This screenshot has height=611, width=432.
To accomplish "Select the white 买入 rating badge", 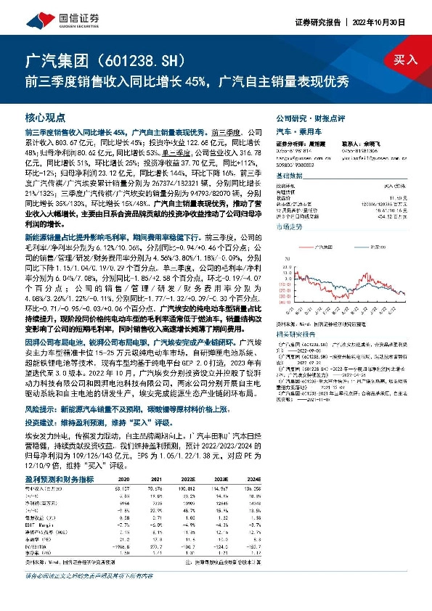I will (406, 61).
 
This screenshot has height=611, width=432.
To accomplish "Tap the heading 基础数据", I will (289, 176).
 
